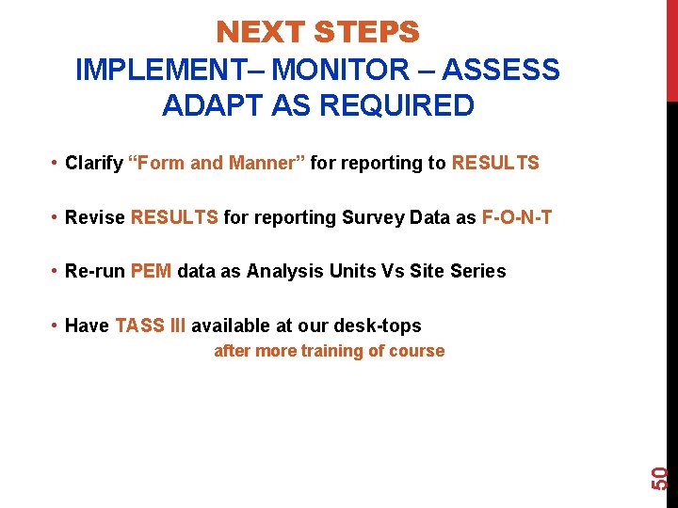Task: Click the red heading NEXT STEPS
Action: [x=317, y=33]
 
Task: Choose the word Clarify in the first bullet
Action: [x=93, y=164]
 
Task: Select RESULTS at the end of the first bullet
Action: [x=495, y=163]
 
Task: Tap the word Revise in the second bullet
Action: [x=95, y=217]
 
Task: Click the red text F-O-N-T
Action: [x=517, y=217]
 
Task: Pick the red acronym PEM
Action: [x=151, y=272]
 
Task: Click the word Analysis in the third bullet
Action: [x=282, y=272]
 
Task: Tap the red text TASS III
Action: [x=151, y=325]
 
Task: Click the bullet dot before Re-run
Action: [x=55, y=272]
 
